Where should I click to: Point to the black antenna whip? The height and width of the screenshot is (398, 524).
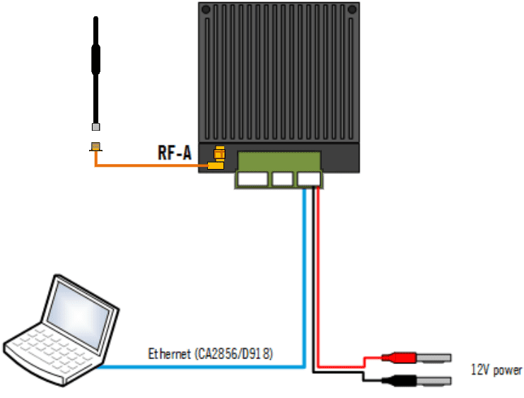pos(95,64)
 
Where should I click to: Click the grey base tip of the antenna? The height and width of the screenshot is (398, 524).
pos(95,127)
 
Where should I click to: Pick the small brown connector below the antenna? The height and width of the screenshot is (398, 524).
pos(95,147)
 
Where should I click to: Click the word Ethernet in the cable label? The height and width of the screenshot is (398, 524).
pos(168,353)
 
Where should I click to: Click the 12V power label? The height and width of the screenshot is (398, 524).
pos(496,370)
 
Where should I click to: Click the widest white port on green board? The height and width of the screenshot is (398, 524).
pos(253,180)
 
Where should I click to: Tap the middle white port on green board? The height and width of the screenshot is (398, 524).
pos(283,180)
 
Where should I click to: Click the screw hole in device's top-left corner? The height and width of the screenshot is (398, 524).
pos(206,11)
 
